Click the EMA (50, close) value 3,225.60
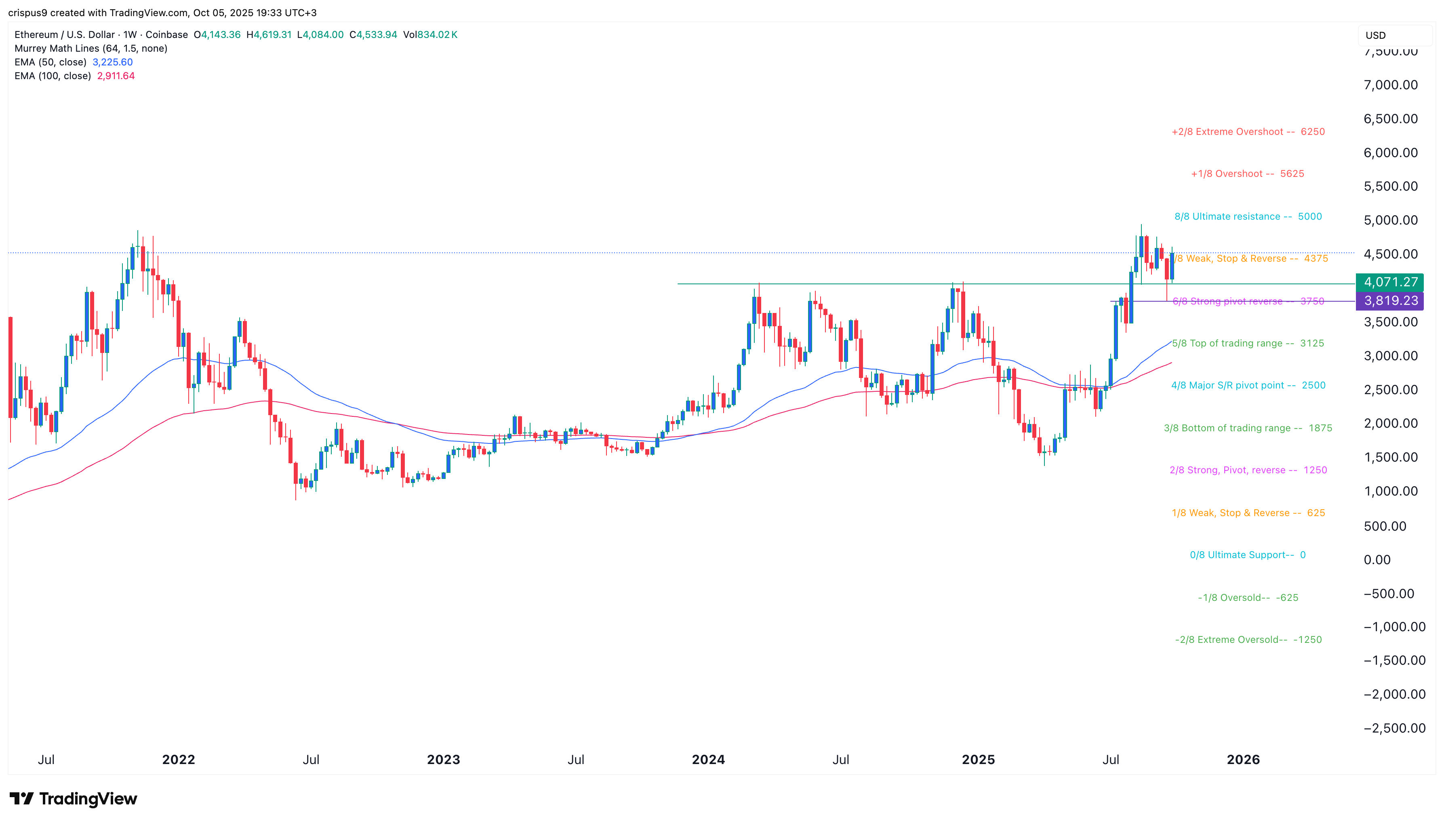tap(112, 62)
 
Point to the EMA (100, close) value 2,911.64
tap(116, 76)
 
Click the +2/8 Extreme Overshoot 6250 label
tap(1248, 132)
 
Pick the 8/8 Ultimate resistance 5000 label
tap(1248, 216)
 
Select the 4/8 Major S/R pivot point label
tap(1248, 386)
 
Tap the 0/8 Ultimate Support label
tap(1247, 555)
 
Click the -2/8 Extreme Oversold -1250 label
tap(1248, 640)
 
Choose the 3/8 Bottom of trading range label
tap(1248, 428)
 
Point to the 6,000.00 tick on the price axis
tap(1390, 153)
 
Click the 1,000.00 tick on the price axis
tap(1390, 491)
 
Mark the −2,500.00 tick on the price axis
tap(1394, 728)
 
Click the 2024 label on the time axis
tap(708, 760)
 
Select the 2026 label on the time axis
tap(1243, 760)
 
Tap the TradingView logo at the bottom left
tap(74, 799)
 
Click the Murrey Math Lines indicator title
tap(91, 48)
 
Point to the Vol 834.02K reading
tap(430, 34)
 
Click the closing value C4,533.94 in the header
tap(373, 34)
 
